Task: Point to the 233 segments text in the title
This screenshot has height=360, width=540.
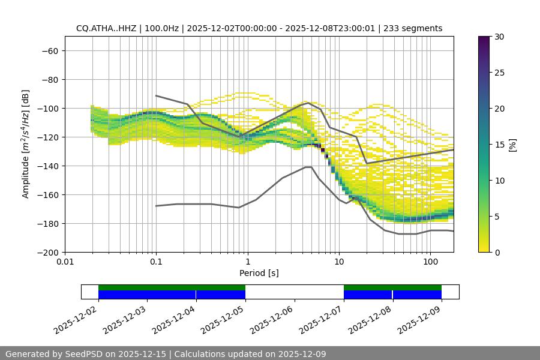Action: pos(418,28)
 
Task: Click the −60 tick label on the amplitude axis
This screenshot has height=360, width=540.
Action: pos(49,50)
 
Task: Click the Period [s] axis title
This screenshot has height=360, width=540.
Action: pos(259,273)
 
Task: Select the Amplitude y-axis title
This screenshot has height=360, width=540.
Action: pos(26,144)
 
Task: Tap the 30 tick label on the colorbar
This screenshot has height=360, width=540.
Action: pos(499,37)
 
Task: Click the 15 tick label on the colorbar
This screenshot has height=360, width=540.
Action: pos(499,145)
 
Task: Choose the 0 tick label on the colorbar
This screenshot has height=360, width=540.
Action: pos(497,252)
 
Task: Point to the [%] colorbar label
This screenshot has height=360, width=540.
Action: pos(512,145)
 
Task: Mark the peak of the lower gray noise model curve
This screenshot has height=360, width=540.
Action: pos(308,167)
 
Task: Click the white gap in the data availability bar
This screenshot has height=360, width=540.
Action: pos(294,292)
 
